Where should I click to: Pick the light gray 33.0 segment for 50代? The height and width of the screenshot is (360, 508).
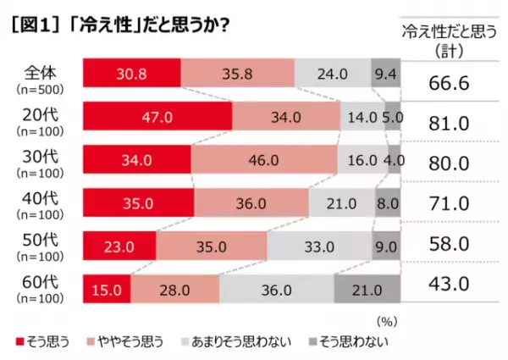(319, 246)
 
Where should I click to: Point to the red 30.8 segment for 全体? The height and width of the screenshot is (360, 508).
(131, 74)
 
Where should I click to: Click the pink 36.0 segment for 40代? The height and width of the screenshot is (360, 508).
(251, 203)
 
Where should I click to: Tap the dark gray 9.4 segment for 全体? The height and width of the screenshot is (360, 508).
(386, 74)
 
